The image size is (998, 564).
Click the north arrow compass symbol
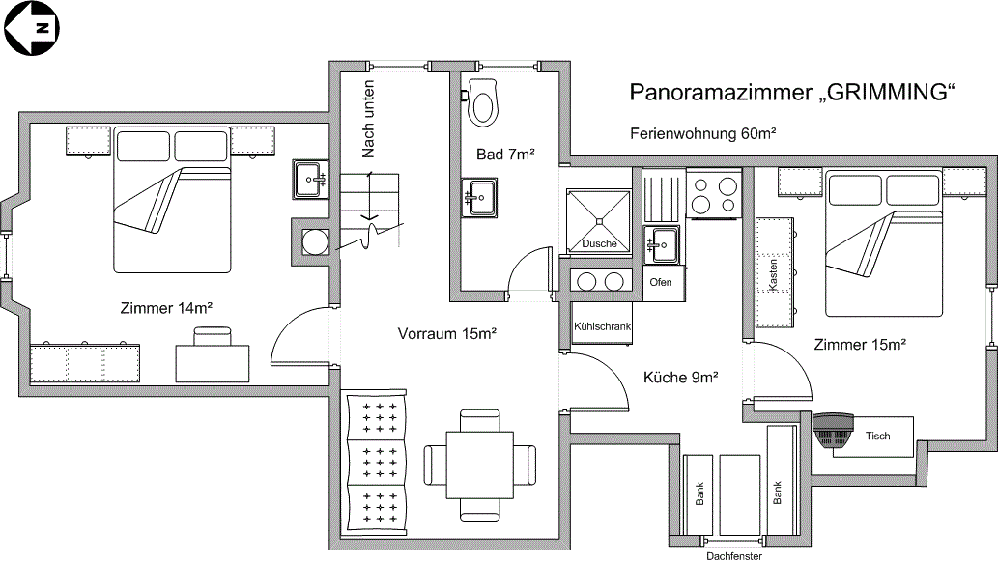(32, 30)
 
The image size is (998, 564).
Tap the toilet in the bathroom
(482, 100)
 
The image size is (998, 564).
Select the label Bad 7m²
(505, 155)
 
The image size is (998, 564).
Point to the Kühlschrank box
(603, 326)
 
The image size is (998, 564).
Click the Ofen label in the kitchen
(661, 283)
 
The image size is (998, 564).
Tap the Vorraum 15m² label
(447, 334)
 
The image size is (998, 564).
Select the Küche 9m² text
(680, 378)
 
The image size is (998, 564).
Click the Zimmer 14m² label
(166, 309)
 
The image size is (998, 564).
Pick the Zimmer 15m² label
(860, 345)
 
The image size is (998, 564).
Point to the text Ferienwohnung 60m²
(704, 134)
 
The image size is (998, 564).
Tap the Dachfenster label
(734, 555)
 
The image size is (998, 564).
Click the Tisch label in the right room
(877, 437)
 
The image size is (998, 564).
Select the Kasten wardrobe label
(773, 274)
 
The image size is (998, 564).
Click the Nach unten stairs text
(368, 120)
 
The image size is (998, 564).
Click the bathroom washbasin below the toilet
(479, 198)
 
